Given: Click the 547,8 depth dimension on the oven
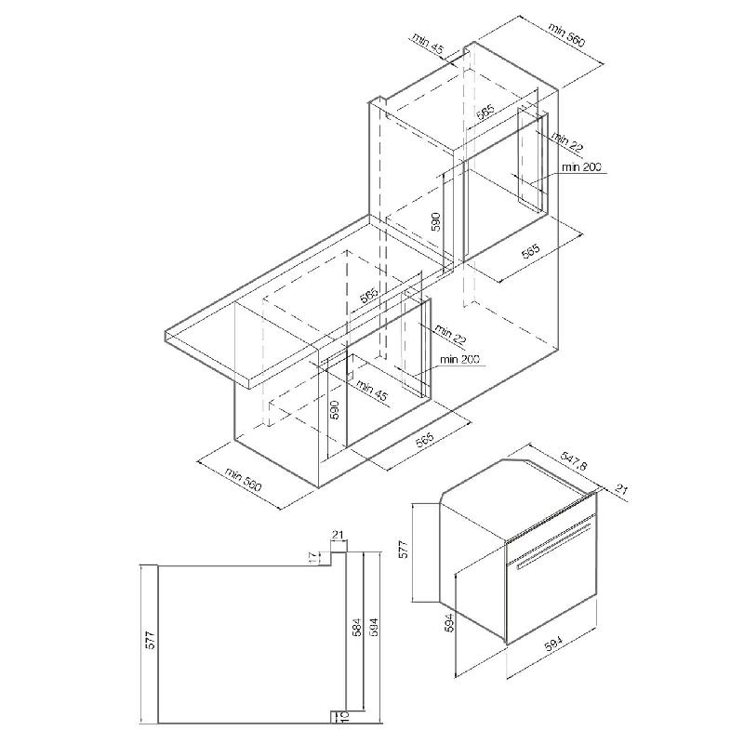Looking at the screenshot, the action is click(574, 459).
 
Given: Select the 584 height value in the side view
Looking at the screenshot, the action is click(356, 627).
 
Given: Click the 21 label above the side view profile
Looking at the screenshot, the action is click(338, 535).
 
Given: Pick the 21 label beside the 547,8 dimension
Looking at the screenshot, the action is click(621, 489).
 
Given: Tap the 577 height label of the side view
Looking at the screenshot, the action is click(150, 640).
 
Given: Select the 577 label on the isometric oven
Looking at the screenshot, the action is click(403, 549).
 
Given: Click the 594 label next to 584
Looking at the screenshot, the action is click(374, 627).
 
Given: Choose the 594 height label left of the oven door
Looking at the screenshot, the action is click(449, 622).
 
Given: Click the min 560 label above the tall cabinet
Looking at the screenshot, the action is click(567, 34).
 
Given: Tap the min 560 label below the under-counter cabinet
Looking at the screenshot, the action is click(244, 479).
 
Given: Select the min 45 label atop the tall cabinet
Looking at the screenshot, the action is click(428, 42).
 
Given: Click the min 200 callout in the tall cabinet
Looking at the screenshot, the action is click(580, 167).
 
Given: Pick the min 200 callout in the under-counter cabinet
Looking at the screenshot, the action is click(459, 359).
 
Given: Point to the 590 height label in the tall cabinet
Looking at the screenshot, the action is click(436, 221).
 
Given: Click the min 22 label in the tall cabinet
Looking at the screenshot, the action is click(567, 141).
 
